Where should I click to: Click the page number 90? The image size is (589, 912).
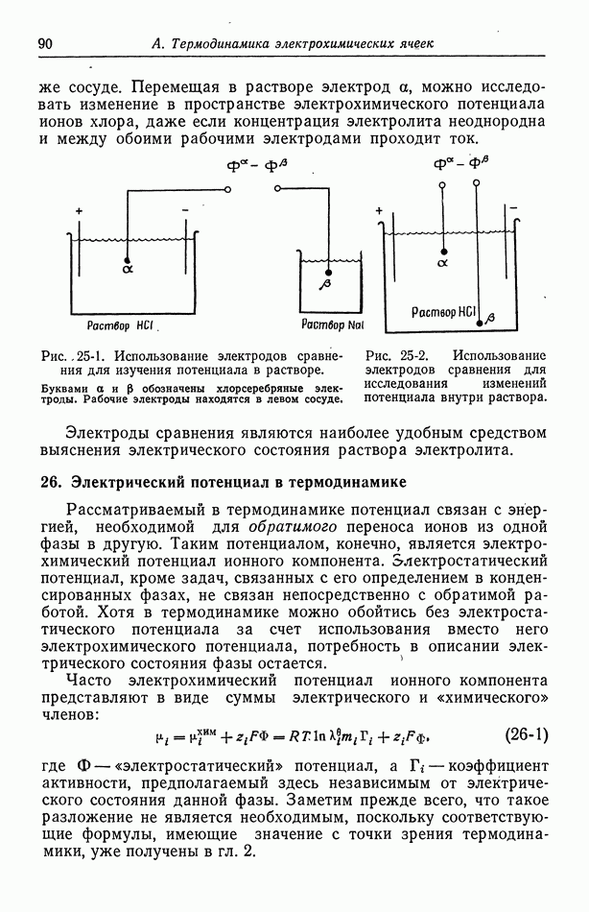[44, 44]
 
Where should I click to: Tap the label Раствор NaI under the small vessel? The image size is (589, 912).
[329, 324]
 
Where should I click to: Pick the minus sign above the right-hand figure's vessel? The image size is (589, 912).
[514, 207]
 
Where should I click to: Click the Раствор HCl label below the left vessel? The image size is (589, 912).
[122, 324]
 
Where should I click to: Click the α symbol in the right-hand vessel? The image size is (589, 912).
[443, 260]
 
